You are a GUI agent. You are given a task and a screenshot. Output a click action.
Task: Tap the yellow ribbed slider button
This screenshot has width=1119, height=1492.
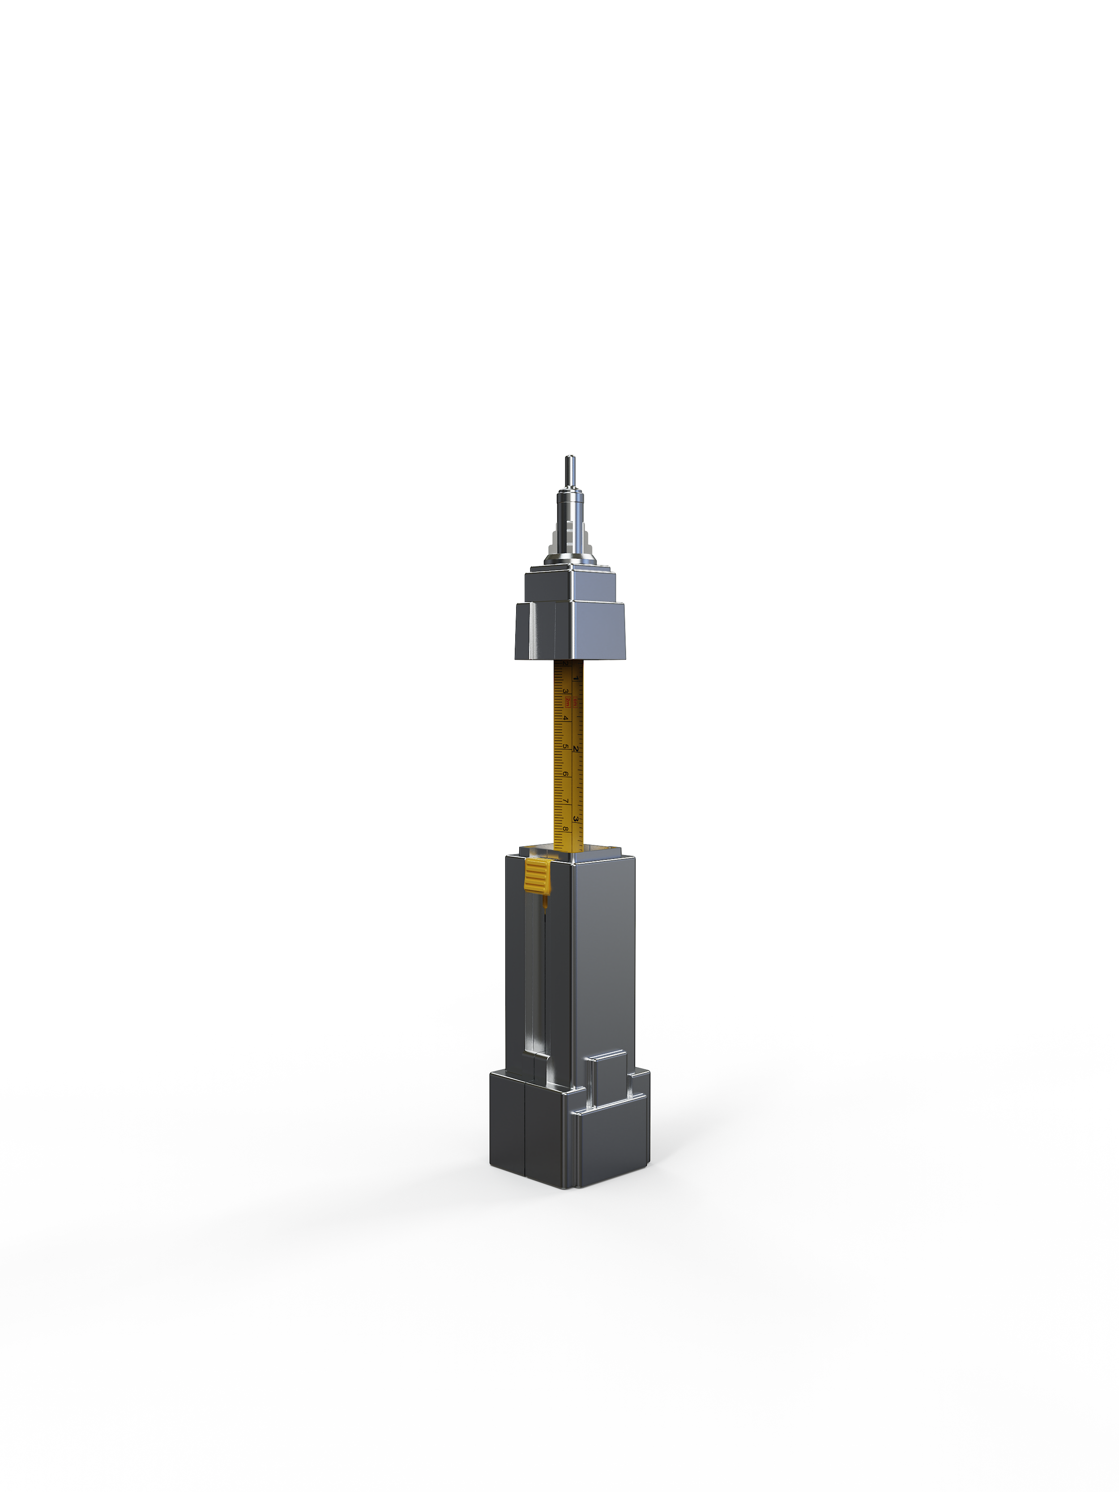[x=538, y=875]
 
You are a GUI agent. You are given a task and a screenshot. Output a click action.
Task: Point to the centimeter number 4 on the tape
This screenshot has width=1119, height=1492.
[x=566, y=718]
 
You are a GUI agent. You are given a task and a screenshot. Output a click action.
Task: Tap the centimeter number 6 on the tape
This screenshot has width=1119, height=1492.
[x=566, y=774]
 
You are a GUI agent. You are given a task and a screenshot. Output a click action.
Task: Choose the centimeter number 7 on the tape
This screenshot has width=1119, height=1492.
[x=566, y=801]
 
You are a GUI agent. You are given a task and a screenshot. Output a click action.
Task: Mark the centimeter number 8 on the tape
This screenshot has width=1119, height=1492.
[x=566, y=829]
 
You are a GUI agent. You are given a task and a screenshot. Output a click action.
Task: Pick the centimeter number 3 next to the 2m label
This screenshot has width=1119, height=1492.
[x=566, y=691]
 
